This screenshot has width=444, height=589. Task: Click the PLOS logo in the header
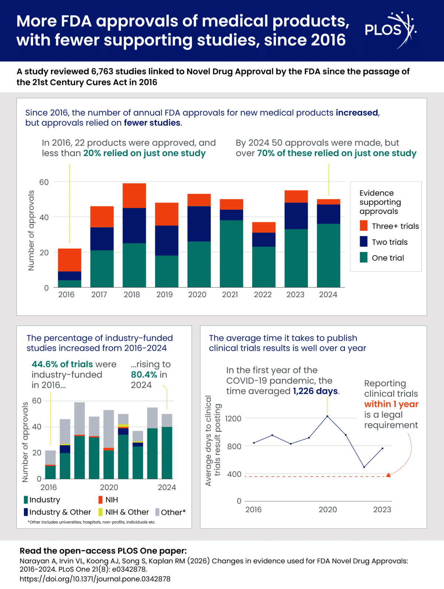(391, 30)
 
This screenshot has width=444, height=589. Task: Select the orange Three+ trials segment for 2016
(70, 260)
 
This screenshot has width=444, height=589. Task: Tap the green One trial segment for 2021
(231, 253)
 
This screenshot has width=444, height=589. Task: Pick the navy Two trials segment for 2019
(166, 240)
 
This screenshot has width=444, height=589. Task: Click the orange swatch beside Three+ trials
(363, 226)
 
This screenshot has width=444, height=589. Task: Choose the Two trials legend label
(390, 242)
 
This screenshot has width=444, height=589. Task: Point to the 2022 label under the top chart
(263, 294)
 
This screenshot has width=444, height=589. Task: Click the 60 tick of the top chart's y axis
(44, 182)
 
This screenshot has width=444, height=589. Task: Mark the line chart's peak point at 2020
(327, 416)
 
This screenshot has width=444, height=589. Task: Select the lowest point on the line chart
(364, 467)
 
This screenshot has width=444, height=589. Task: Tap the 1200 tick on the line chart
(233, 418)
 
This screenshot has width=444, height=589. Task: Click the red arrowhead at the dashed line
(388, 475)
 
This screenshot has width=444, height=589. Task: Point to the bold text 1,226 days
(315, 391)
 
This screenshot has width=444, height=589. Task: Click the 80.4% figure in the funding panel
(144, 374)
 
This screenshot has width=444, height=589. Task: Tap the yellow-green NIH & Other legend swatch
(100, 512)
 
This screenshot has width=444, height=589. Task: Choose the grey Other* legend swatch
(158, 512)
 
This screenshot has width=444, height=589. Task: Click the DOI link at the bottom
(95, 579)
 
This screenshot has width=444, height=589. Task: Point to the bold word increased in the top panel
(357, 113)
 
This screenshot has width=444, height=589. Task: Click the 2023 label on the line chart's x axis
(382, 509)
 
